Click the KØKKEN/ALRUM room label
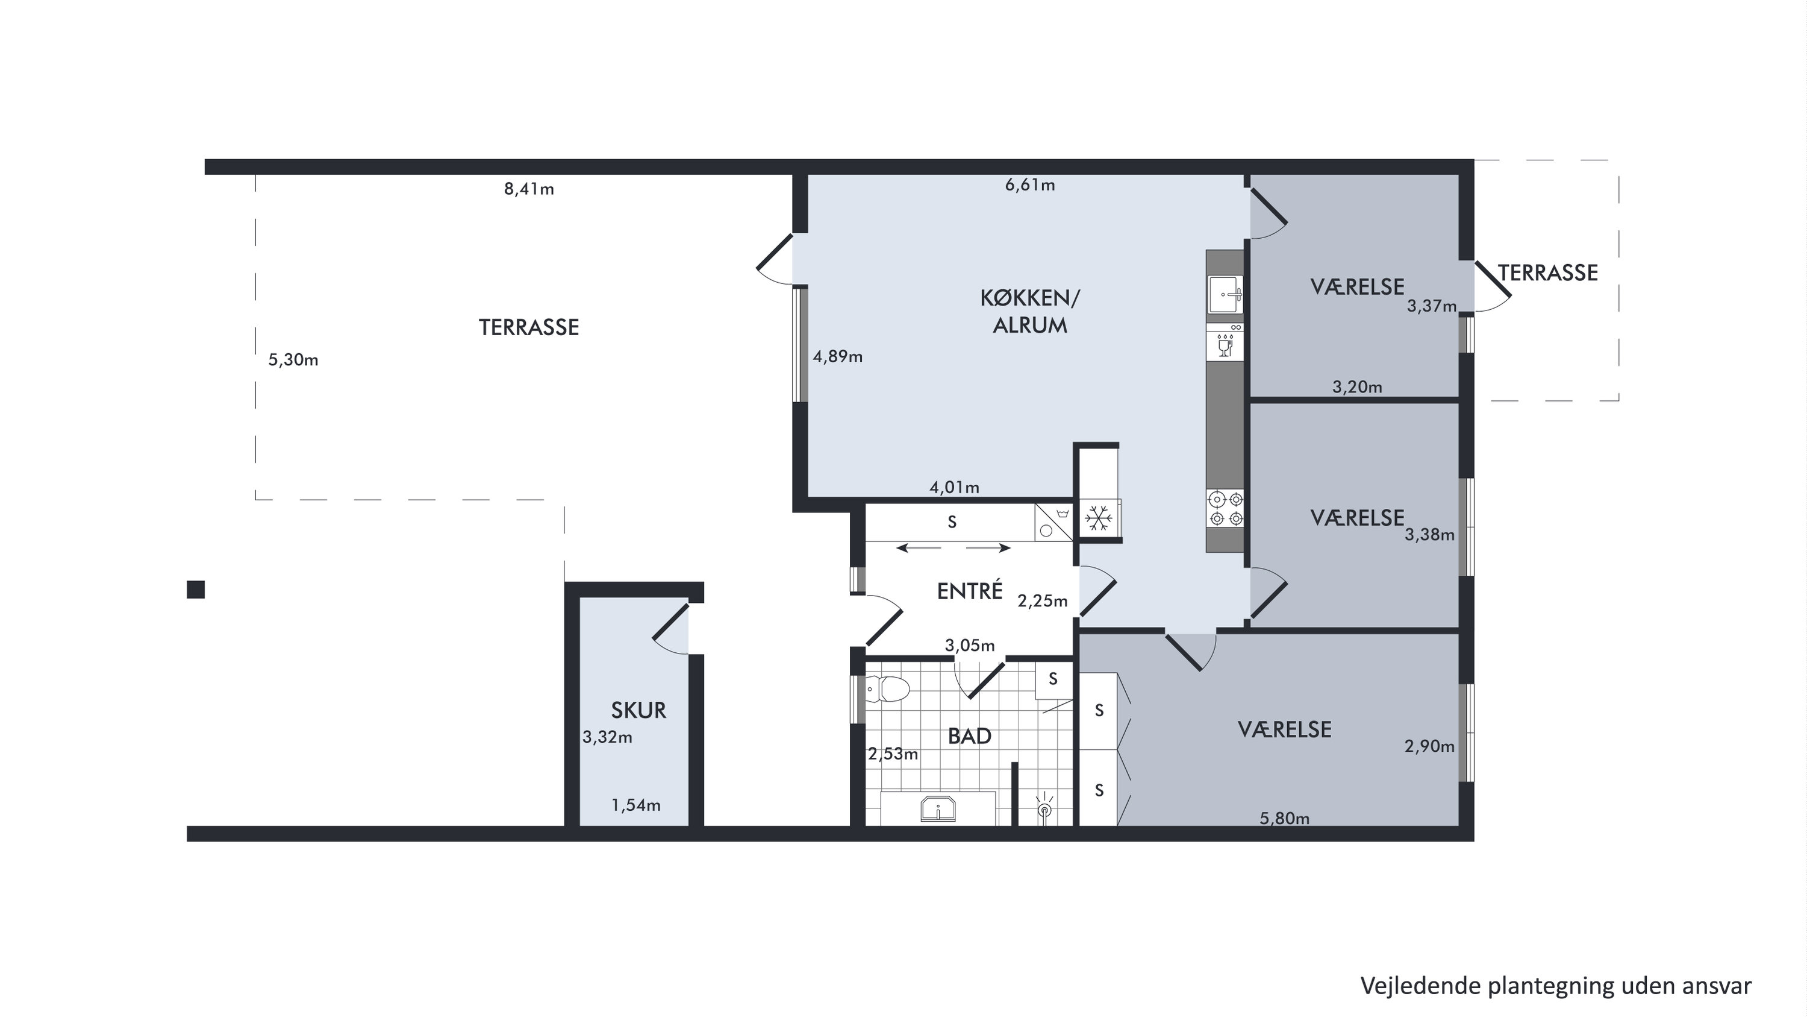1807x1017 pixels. point(1030,312)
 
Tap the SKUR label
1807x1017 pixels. point(638,710)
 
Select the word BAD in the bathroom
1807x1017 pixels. point(969,736)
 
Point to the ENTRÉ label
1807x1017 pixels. point(969,591)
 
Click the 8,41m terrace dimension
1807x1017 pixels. point(529,189)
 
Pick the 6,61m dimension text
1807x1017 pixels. point(1030,185)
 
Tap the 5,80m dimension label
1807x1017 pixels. point(1284,819)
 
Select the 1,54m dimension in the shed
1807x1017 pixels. point(635,806)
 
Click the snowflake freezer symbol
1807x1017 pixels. point(1099,518)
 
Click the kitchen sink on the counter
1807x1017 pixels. point(1225,294)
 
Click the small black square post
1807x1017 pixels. point(196,590)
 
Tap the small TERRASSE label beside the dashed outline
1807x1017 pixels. point(1547,273)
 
